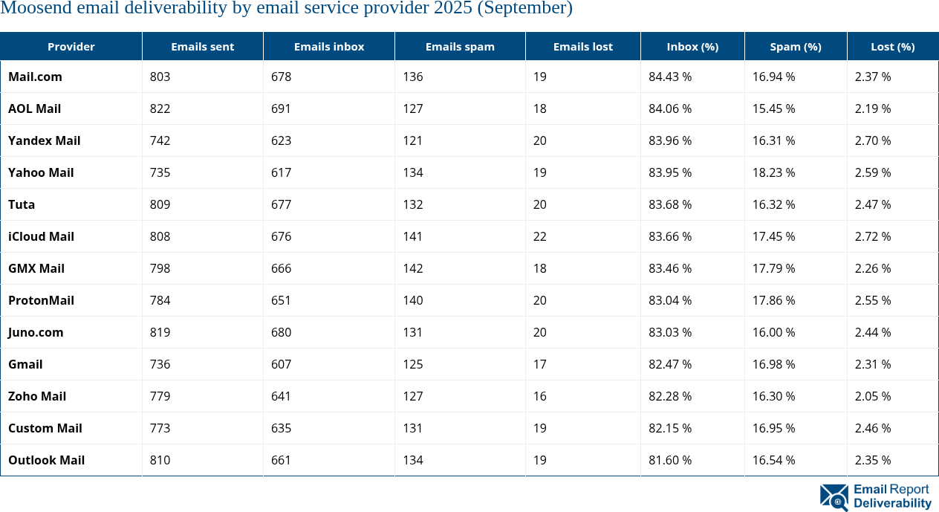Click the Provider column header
click(71, 47)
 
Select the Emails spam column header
click(460, 47)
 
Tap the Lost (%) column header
click(892, 47)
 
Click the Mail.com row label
click(35, 77)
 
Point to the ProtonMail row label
click(41, 300)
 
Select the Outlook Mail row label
click(46, 460)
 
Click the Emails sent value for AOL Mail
click(160, 108)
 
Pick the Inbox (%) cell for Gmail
click(670, 364)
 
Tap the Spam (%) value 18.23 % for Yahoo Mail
click(773, 172)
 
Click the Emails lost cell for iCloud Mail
click(539, 236)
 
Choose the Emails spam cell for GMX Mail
click(413, 268)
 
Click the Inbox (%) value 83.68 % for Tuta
click(670, 204)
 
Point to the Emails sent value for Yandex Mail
click(160, 140)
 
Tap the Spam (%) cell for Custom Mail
click(773, 428)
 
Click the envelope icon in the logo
click(834, 497)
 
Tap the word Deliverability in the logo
click(892, 504)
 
